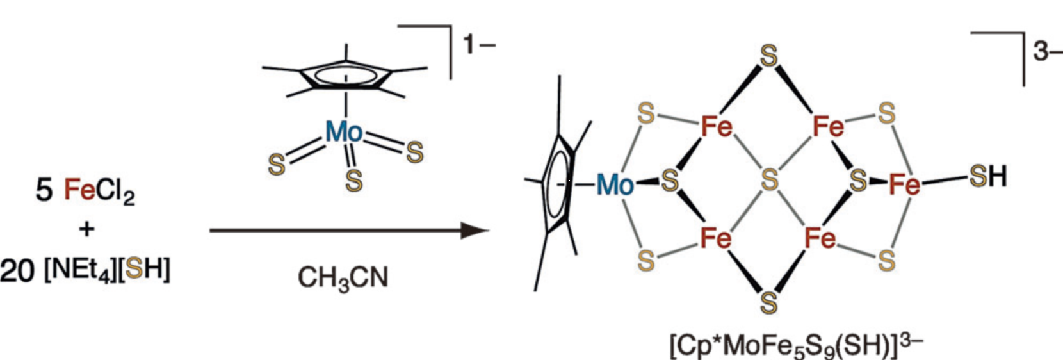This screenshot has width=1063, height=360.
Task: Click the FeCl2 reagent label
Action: (x=99, y=190)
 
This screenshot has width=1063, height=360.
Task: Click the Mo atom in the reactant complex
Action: (x=344, y=133)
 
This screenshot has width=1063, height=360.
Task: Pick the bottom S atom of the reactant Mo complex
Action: (x=353, y=181)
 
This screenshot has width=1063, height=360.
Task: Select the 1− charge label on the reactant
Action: (x=479, y=45)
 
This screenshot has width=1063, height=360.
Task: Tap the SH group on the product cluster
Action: (x=988, y=176)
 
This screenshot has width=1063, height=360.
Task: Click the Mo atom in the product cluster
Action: (x=615, y=185)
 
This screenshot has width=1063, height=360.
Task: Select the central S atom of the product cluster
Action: (x=769, y=180)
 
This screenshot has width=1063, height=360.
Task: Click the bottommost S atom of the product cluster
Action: (x=769, y=302)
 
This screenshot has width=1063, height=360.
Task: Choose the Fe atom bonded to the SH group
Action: (x=905, y=184)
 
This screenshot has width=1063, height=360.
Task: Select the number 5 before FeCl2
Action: (x=44, y=190)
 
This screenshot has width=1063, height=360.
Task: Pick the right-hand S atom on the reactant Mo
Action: (x=414, y=152)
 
